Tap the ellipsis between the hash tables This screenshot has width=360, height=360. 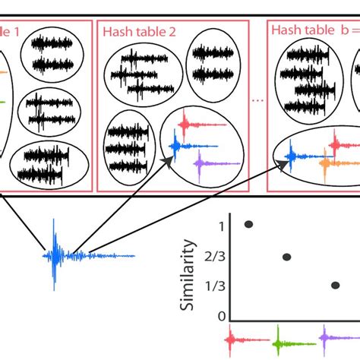[x=258, y=99]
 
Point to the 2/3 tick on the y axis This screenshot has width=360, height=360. [x=218, y=257]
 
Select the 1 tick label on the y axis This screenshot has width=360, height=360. [x=221, y=226]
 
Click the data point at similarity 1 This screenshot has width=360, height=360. [x=248, y=224]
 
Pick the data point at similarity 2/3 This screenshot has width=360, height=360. [x=286, y=257]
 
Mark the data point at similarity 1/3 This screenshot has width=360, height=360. [x=335, y=286]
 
